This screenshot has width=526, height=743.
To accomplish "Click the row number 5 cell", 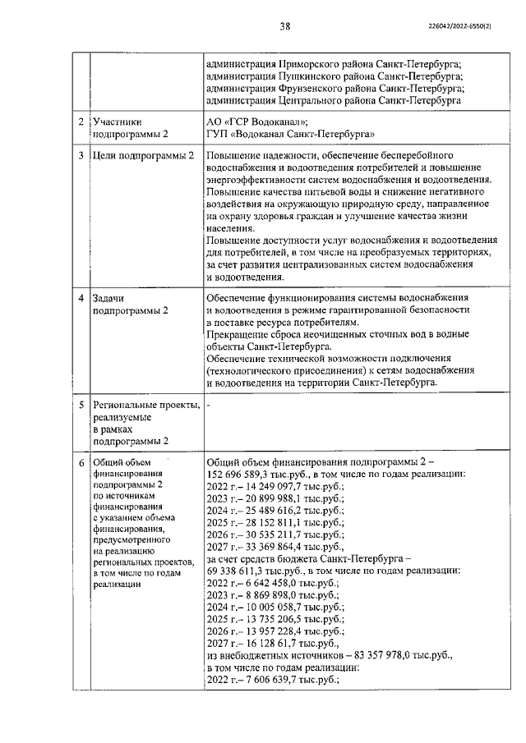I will point(80,405).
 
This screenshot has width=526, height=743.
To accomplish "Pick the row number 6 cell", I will point(80,462).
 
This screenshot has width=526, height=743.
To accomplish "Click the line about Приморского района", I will point(334,63).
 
